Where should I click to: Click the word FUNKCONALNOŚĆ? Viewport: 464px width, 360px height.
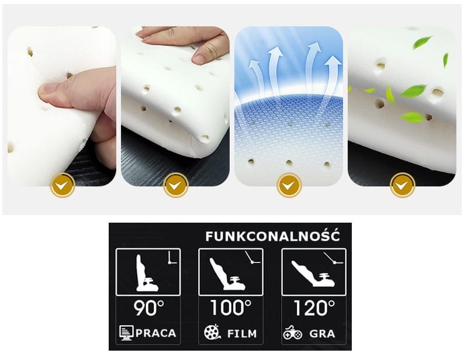[x=272, y=236]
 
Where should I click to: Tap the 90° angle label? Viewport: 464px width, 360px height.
[x=148, y=308]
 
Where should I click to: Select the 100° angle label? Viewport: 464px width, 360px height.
[x=231, y=307]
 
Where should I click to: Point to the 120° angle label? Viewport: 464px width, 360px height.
[x=314, y=308]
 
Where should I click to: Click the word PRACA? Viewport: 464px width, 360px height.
[x=156, y=333]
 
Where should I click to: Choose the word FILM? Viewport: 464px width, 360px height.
[x=242, y=334]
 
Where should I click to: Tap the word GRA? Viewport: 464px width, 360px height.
[x=322, y=334]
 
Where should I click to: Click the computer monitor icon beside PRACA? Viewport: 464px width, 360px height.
[x=126, y=333]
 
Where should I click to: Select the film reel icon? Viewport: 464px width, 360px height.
[x=212, y=332]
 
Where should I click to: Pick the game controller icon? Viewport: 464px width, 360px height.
[x=292, y=333]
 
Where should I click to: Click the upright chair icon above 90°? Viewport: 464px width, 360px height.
[x=147, y=273]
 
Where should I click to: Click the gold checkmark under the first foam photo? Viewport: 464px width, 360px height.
[x=62, y=185]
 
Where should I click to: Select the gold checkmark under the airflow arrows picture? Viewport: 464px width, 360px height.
[x=289, y=185]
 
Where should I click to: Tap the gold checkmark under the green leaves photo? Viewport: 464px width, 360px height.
[x=402, y=185]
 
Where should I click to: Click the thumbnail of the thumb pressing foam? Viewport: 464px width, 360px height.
[x=61, y=106]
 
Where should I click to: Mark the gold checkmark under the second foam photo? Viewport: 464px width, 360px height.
[x=175, y=185]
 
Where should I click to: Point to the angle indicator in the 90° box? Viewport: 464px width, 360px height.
[x=172, y=258]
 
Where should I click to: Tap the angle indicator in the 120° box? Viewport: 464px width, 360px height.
[x=333, y=258]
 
